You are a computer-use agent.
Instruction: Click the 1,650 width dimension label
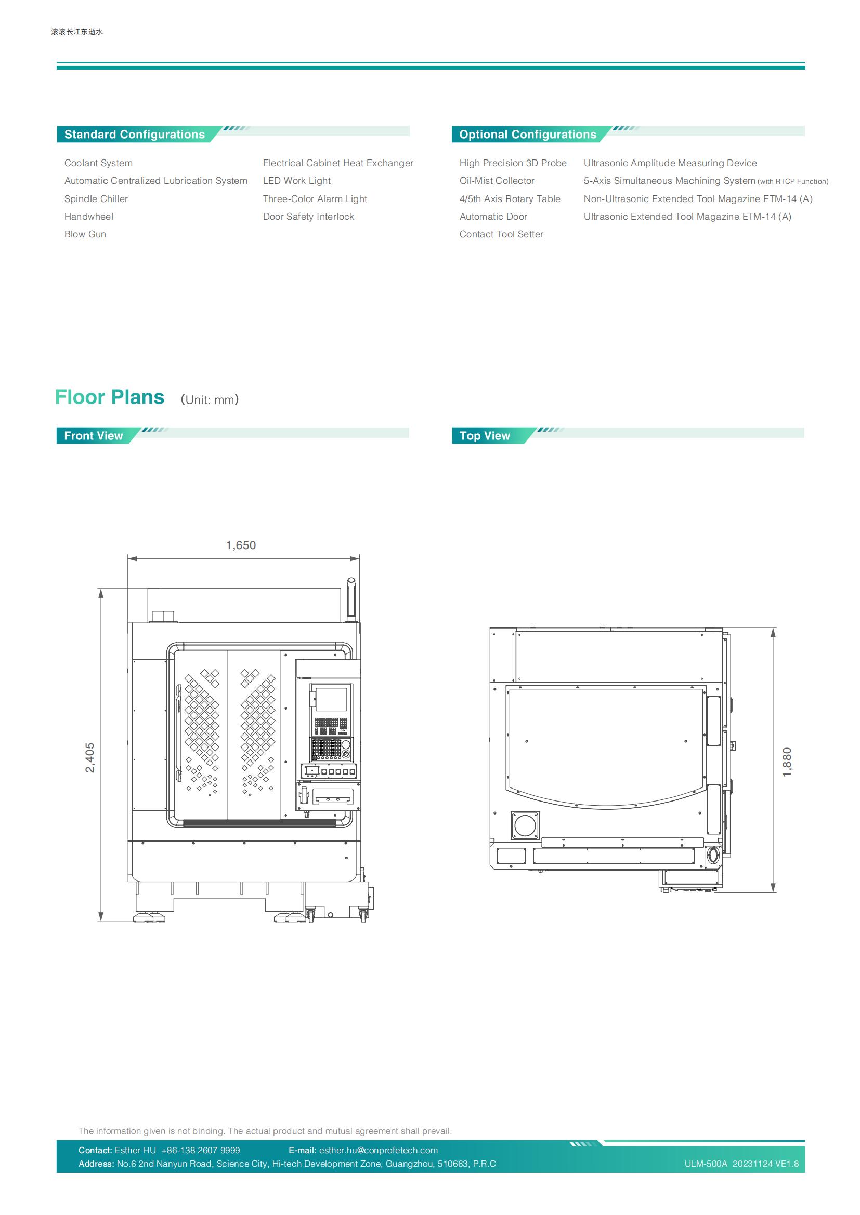pyautogui.click(x=241, y=545)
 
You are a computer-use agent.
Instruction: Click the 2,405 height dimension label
pyautogui.click(x=90, y=758)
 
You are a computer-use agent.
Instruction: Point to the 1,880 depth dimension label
pyautogui.click(x=787, y=762)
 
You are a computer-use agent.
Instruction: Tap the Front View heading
pyautogui.click(x=93, y=435)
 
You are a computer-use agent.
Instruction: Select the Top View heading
pyautogui.click(x=485, y=435)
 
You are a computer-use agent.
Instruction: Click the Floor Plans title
pyautogui.click(x=110, y=397)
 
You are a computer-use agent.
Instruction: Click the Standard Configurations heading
pyautogui.click(x=135, y=135)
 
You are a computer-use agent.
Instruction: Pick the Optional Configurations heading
pyautogui.click(x=527, y=135)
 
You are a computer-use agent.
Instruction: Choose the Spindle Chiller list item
pyautogui.click(x=96, y=199)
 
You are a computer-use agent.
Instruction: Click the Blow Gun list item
pyautogui.click(x=85, y=234)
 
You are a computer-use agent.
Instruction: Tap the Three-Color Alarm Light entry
pyautogui.click(x=315, y=199)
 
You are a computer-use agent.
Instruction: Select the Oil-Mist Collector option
pyautogui.click(x=497, y=181)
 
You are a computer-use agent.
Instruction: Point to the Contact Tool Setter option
pyautogui.click(x=501, y=234)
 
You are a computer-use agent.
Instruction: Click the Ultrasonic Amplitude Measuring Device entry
pyautogui.click(x=670, y=163)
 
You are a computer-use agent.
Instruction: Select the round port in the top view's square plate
pyautogui.click(x=525, y=825)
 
